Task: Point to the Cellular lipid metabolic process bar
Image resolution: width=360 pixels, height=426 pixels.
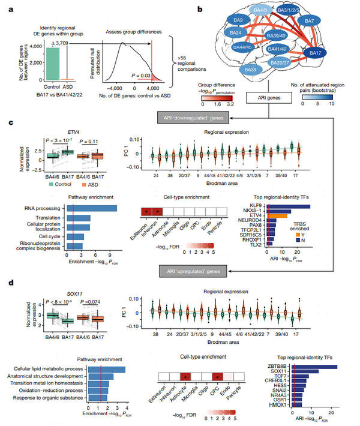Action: [x=103, y=368]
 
